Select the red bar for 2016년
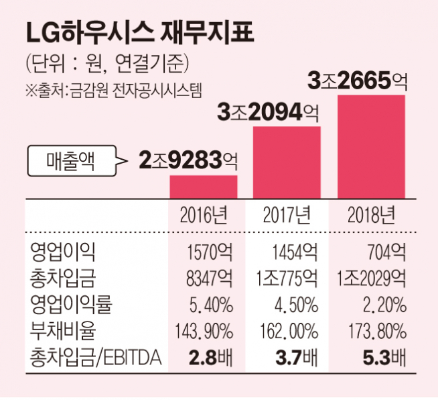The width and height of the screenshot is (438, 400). tap(204, 186)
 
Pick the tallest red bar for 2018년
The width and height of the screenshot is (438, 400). tap(370, 146)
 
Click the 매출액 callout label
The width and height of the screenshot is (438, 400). tap(70, 160)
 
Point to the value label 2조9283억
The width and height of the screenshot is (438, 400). tap(189, 160)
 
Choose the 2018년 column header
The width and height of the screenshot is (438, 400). tap(370, 215)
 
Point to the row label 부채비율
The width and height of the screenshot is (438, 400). tap(63, 331)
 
